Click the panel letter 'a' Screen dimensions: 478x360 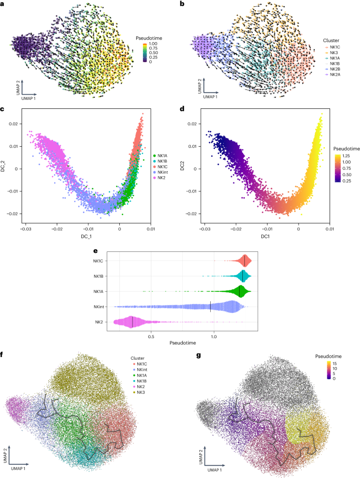coord(4,5)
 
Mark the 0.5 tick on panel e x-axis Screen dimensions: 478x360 coord(151,335)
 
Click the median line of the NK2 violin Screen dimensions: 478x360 coord(133,321)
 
